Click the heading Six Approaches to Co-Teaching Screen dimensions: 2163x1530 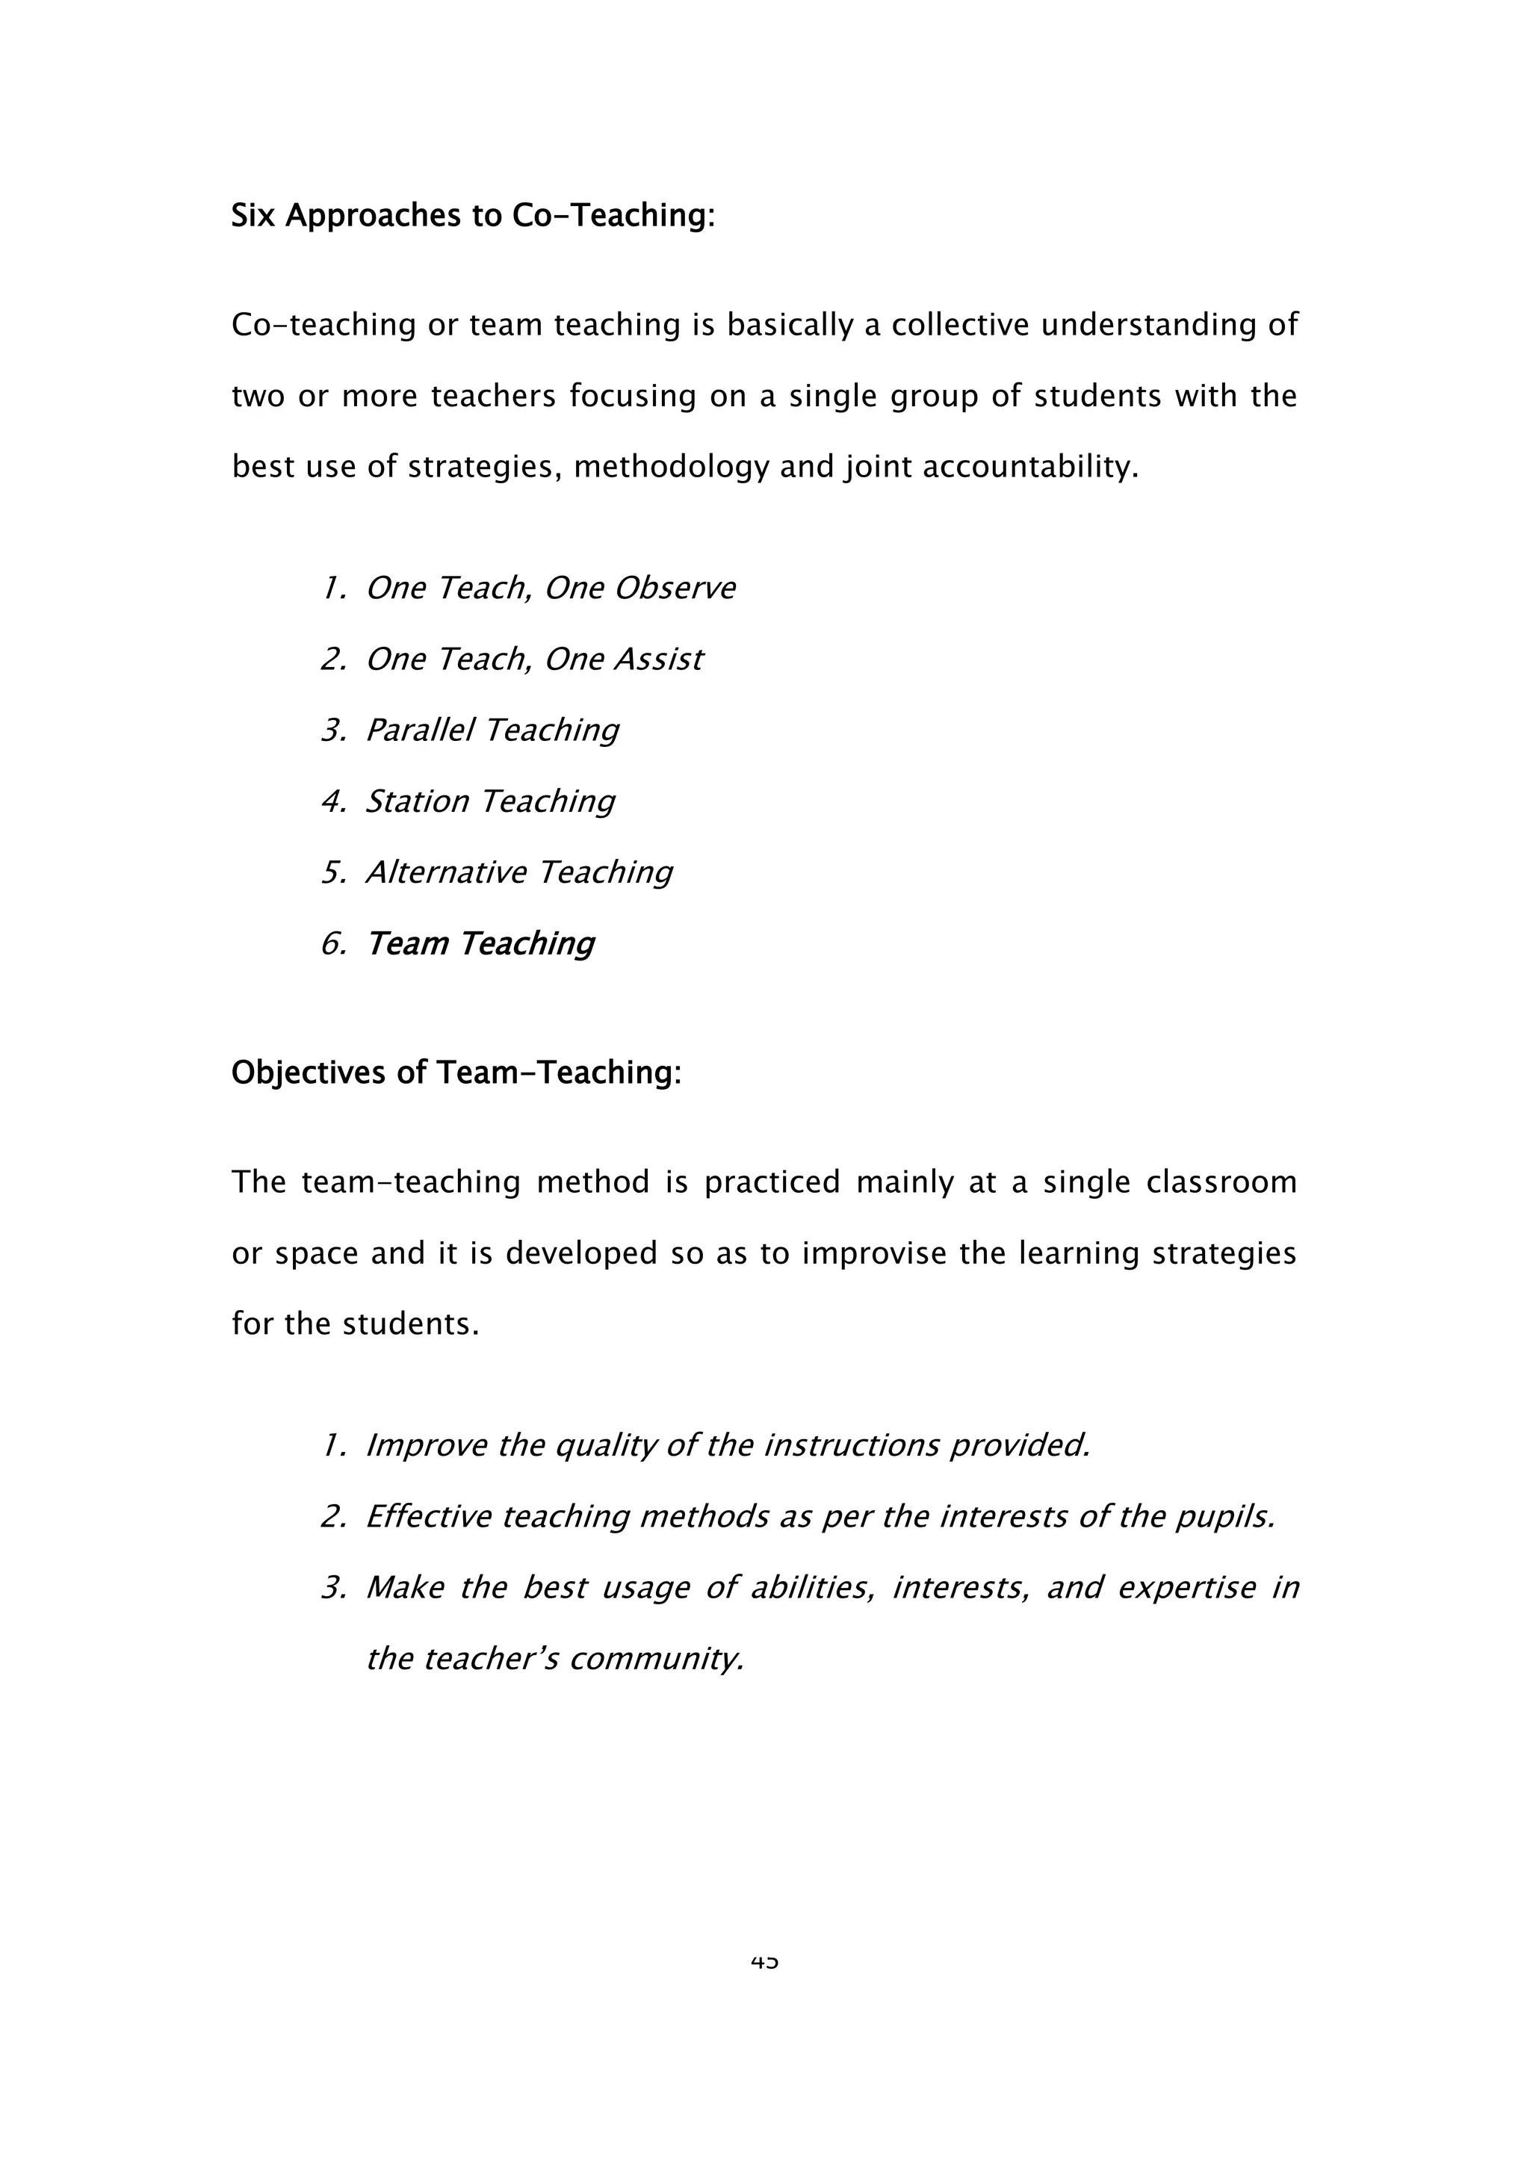[x=473, y=217]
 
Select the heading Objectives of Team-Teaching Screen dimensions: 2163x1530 [x=456, y=1073]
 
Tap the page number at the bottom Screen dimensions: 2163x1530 [x=764, y=1962]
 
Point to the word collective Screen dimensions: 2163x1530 [x=960, y=325]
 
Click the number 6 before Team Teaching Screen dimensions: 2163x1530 [x=332, y=944]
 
